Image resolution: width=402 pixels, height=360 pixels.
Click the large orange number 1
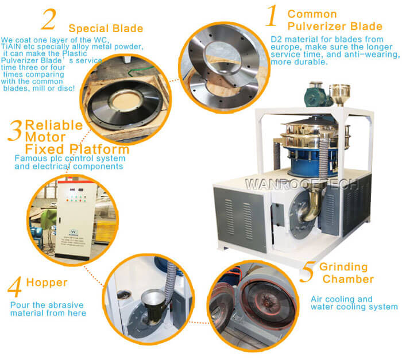[270, 17]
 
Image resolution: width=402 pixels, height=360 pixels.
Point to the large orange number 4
[16, 285]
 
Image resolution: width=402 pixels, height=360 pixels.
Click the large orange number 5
[307, 272]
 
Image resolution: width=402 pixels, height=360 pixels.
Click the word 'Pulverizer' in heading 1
[316, 26]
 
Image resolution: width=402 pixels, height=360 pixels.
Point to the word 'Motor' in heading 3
[44, 137]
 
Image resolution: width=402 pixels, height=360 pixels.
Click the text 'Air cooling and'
[341, 299]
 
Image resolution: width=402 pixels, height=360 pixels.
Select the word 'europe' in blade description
[284, 47]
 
